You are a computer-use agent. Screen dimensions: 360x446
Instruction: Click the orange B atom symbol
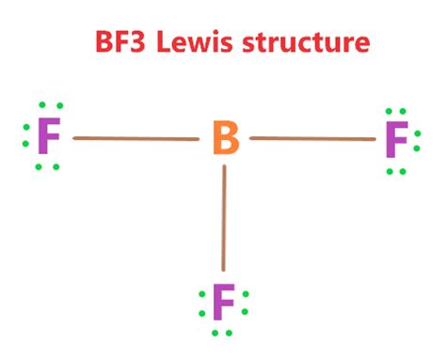pyautogui.click(x=225, y=140)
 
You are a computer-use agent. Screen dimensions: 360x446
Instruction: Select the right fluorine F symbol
pyautogui.click(x=396, y=141)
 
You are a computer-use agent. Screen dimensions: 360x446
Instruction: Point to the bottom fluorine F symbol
pyautogui.click(x=223, y=304)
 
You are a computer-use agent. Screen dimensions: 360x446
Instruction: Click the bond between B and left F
pyautogui.click(x=135, y=139)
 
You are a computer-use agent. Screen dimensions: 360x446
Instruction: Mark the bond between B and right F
pyautogui.click(x=311, y=139)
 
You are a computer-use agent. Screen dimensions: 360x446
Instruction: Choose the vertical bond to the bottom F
pyautogui.click(x=224, y=217)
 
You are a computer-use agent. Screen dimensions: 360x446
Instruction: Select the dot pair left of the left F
pyautogui.click(x=25, y=141)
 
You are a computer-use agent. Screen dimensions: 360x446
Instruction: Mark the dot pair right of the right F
pyautogui.click(x=419, y=141)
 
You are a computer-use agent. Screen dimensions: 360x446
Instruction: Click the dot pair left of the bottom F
pyautogui.click(x=201, y=304)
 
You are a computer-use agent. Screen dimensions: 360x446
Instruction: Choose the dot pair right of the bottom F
pyautogui.click(x=246, y=304)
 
